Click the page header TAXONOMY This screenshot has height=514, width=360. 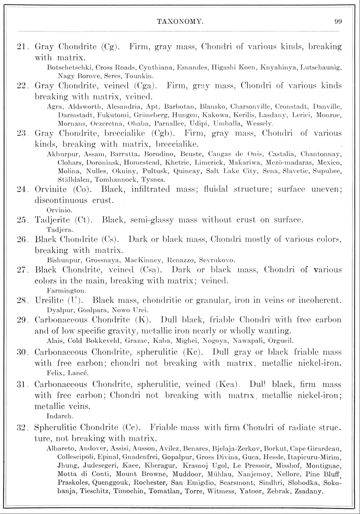click(180, 22)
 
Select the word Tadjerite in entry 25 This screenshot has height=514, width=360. click(55, 220)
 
